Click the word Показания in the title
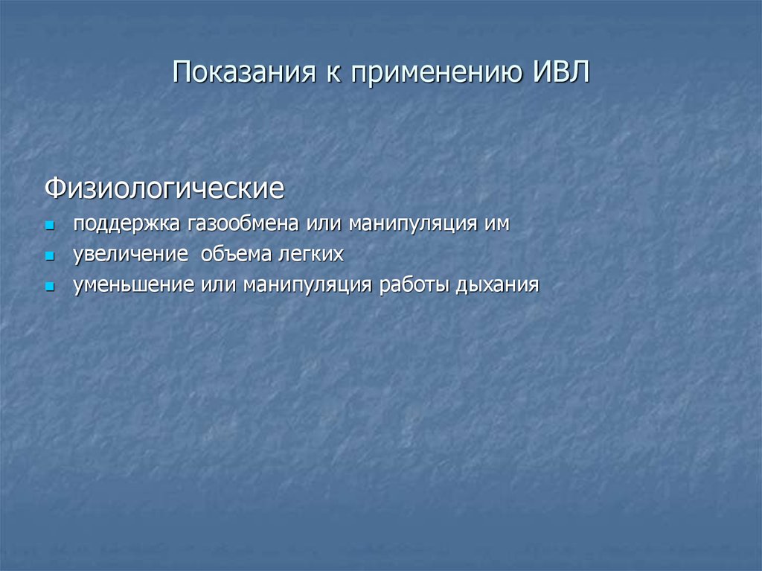[x=242, y=74]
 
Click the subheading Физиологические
[x=164, y=188]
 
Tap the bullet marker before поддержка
[x=50, y=224]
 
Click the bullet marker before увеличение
[x=50, y=255]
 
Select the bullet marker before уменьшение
[x=50, y=285]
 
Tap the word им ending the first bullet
[x=498, y=223]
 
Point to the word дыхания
[x=499, y=284]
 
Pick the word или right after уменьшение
[x=217, y=284]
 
